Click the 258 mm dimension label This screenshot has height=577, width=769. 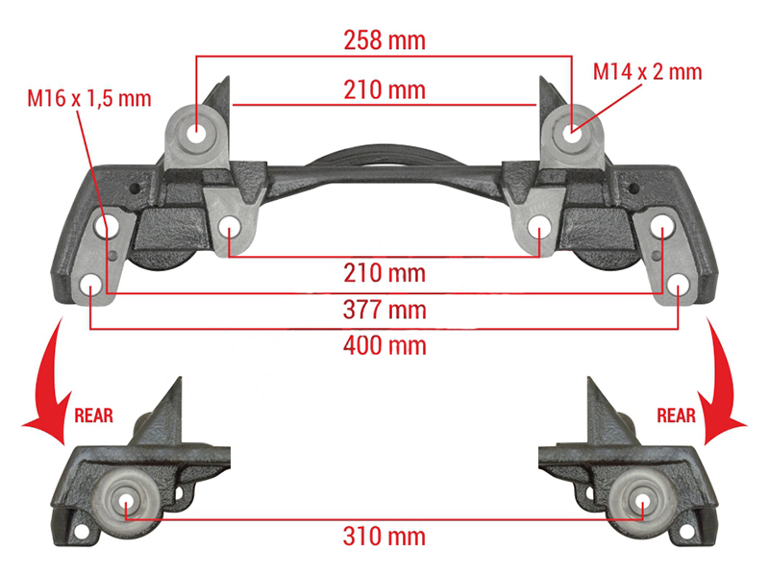pos(384,40)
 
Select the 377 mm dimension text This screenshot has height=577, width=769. pos(384,310)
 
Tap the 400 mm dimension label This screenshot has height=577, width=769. pos(384,345)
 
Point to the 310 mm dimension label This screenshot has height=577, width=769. pos(384,537)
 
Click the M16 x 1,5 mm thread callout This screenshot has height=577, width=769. pos(89,98)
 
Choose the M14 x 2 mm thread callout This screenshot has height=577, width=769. pos(647,71)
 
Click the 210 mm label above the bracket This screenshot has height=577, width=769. pos(384,89)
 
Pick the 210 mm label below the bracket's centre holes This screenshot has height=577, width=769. pos(384,273)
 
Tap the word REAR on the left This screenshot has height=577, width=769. pos(93,415)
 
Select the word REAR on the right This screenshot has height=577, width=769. pos(677,415)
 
